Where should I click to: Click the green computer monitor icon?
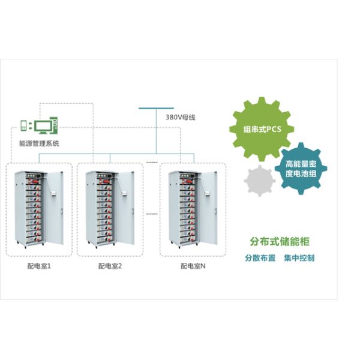pos(42,126)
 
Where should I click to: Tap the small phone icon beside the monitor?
pos(25,125)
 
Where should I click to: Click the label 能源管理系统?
pos(40,143)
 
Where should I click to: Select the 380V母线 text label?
pos(181,117)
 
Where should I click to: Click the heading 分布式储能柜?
pos(280,242)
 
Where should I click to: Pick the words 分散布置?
pos(260,258)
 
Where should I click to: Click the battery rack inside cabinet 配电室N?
pos(182,210)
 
